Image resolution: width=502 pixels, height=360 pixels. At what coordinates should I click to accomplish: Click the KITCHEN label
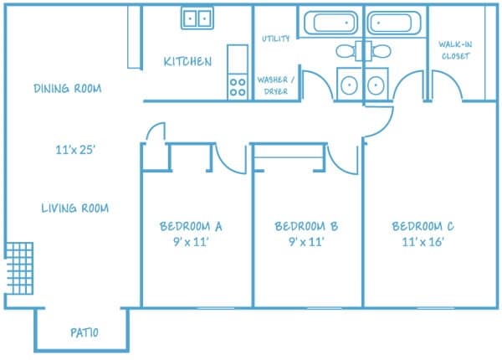[187, 61]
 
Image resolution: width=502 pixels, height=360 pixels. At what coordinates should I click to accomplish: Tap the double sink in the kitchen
[197, 18]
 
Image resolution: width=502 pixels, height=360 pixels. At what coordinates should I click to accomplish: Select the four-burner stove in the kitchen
[238, 87]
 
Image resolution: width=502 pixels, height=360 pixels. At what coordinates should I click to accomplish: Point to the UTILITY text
[275, 39]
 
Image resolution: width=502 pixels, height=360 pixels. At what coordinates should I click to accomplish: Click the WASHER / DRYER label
[275, 85]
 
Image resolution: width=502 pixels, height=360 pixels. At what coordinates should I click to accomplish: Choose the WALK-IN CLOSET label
[455, 50]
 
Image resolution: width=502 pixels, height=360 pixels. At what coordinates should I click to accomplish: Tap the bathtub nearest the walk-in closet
[394, 23]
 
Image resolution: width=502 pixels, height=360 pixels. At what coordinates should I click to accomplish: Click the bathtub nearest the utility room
[330, 23]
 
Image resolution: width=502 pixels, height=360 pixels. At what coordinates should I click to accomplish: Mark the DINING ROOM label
[68, 88]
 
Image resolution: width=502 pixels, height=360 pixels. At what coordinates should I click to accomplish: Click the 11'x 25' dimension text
[75, 150]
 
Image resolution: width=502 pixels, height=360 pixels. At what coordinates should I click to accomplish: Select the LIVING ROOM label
[75, 208]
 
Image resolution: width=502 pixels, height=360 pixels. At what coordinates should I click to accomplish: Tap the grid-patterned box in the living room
[19, 269]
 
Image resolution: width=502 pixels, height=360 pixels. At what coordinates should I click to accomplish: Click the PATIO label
[85, 332]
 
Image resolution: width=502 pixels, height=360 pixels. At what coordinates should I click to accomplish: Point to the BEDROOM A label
[191, 226]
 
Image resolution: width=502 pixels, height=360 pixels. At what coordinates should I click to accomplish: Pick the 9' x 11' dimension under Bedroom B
[306, 241]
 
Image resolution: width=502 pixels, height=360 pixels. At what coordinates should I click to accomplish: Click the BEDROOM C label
[423, 226]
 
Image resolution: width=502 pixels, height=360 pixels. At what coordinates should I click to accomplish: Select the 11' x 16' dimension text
[423, 241]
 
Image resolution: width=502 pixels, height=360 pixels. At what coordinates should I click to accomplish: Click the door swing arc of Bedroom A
[223, 166]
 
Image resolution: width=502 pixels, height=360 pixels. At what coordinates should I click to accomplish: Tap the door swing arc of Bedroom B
[336, 167]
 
